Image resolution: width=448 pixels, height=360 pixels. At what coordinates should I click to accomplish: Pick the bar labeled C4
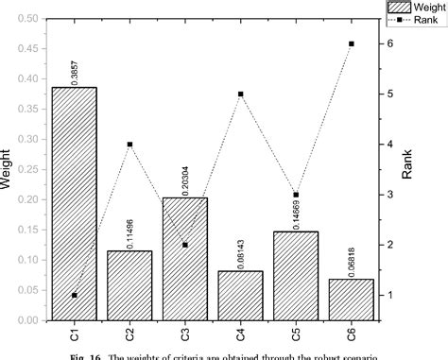pyautogui.click(x=241, y=295)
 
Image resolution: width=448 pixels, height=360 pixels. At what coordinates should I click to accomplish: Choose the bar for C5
pyautogui.click(x=297, y=275)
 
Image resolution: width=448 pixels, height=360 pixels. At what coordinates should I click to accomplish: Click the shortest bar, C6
pyautogui.click(x=352, y=299)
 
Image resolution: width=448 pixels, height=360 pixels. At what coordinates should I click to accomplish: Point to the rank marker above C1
pyautogui.click(x=74, y=295)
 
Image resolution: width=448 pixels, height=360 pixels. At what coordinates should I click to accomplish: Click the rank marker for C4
pyautogui.click(x=241, y=94)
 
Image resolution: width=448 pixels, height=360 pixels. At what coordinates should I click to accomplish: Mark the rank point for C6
pyautogui.click(x=352, y=43)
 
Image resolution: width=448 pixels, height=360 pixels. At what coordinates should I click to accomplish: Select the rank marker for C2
pyautogui.click(x=129, y=144)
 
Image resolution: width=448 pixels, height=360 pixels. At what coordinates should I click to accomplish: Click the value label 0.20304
pyautogui.click(x=185, y=178)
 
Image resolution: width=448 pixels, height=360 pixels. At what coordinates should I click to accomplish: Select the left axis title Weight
pyautogui.click(x=8, y=165)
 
